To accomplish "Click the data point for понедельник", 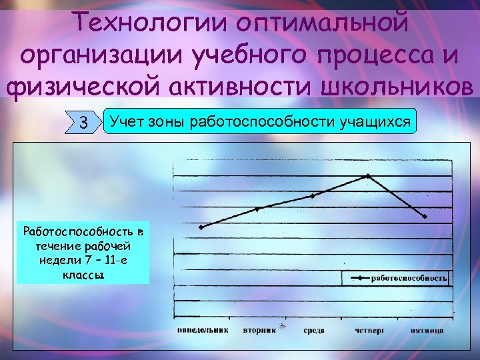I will point(201,227).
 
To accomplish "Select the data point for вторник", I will point(257,209).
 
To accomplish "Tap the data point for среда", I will point(312,196).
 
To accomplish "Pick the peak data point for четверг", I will point(368,176).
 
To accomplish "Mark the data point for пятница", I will point(424,217).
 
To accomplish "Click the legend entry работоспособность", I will point(409,278).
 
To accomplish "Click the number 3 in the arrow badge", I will point(83,123).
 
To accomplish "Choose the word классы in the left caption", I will point(83,274).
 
